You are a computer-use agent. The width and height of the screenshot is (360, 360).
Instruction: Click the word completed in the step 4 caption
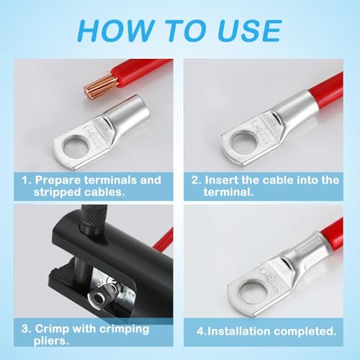point(302,333)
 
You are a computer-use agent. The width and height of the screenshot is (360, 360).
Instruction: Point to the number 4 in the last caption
point(199,333)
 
